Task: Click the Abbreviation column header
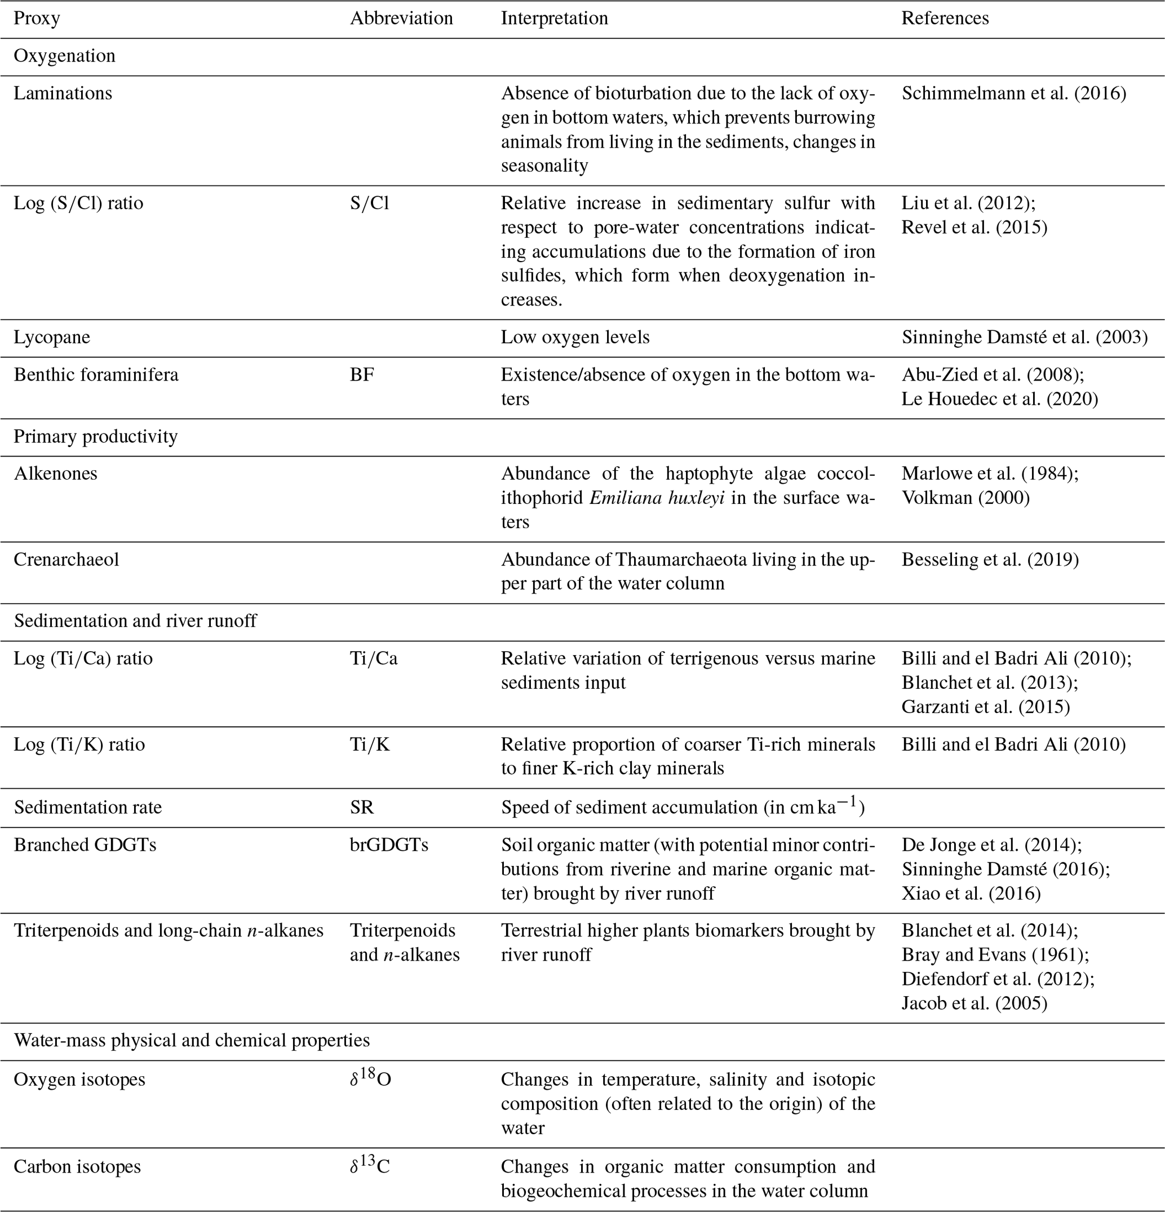[x=401, y=19]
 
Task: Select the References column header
[x=945, y=19]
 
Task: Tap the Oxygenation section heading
[x=64, y=56]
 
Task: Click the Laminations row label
[x=63, y=94]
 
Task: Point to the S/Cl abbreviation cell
[x=369, y=204]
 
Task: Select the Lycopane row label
[x=52, y=338]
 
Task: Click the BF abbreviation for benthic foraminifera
[x=362, y=375]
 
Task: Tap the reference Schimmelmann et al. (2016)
[x=1013, y=94]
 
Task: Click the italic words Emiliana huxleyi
[x=657, y=498]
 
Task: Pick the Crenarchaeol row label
[x=66, y=560]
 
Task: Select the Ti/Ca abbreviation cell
[x=374, y=658]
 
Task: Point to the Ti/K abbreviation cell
[x=370, y=745]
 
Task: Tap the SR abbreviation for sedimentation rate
[x=362, y=808]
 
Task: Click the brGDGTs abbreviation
[x=389, y=844]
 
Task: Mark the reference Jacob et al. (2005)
[x=974, y=1003]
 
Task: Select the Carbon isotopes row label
[x=77, y=1166]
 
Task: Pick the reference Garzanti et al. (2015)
[x=985, y=707]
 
